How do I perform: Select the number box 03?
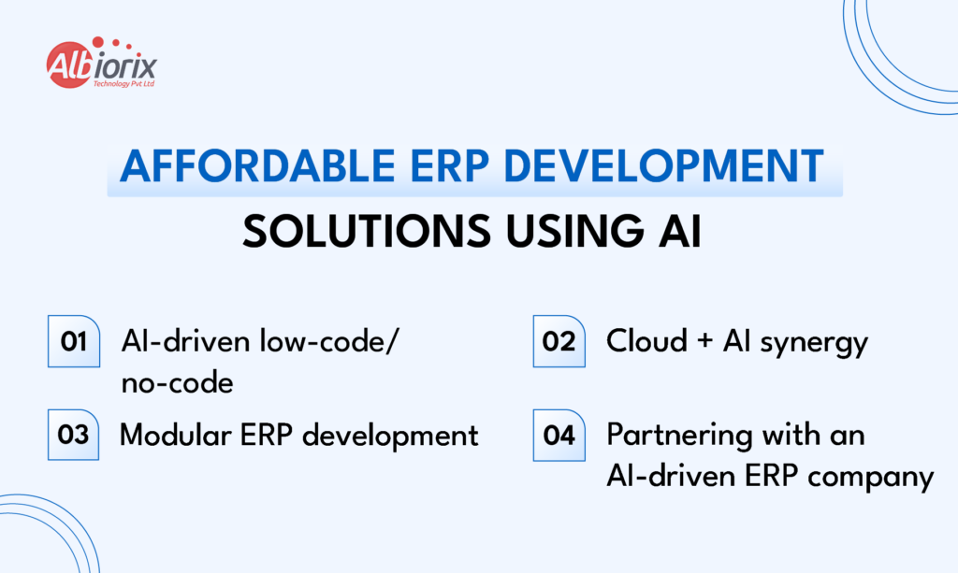click(74, 436)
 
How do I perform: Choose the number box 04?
click(559, 436)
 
